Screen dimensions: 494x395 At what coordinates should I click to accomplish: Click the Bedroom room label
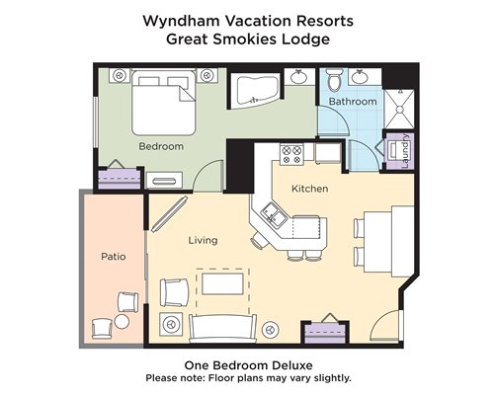pos(161,146)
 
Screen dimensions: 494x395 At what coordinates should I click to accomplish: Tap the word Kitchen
pos(310,189)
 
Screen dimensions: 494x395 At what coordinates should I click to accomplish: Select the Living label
pos(203,240)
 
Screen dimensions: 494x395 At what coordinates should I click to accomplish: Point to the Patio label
pos(114,257)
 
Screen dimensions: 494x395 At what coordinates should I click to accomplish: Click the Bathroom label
pos(353,102)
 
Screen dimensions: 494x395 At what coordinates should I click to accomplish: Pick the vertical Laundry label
pos(405,151)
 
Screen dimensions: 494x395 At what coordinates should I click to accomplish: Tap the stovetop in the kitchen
pos(291,154)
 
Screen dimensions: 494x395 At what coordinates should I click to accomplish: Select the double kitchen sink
pos(274,215)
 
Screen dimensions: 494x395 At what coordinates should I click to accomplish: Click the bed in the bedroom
pos(164,102)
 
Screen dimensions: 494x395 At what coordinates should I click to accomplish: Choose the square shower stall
pos(399,110)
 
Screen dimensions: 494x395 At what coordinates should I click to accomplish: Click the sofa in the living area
pos(222,329)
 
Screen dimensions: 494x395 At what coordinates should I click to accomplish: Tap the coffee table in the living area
pos(222,283)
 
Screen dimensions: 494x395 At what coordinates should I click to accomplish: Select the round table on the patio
pos(122,322)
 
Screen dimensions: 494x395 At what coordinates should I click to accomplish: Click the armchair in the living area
pos(174,292)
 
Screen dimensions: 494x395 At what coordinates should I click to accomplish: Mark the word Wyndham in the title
pos(181,22)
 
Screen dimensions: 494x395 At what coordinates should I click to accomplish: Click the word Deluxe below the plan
pos(292,365)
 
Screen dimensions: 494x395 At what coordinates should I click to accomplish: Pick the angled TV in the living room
pos(169,214)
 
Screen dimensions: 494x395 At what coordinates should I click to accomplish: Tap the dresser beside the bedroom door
pos(164,180)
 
